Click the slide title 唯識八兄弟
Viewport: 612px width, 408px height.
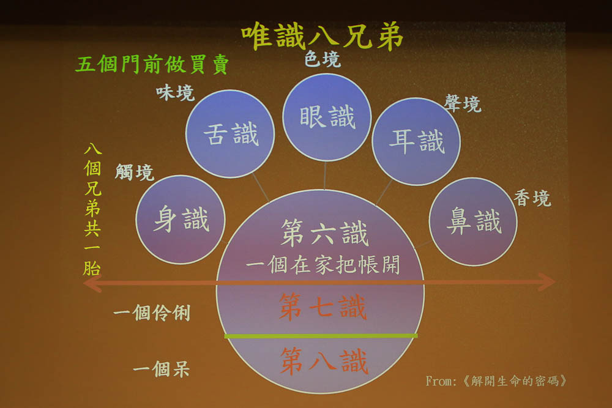click(x=322, y=36)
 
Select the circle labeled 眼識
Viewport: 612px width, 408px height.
click(x=327, y=117)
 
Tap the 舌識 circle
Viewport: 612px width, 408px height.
click(x=230, y=134)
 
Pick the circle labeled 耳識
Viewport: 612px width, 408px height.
click(x=416, y=141)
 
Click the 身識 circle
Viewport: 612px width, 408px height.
click(x=181, y=220)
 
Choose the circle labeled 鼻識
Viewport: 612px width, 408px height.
click(x=473, y=221)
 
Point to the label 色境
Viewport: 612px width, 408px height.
click(x=323, y=59)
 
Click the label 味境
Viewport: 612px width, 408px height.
click(x=175, y=93)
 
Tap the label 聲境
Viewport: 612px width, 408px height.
click(x=463, y=104)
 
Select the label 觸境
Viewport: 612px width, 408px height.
click(x=134, y=172)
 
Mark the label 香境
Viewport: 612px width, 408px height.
click(x=532, y=198)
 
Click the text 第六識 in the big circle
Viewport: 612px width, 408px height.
click(x=324, y=233)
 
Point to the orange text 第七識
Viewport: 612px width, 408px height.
click(x=323, y=307)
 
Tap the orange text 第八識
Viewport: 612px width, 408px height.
click(x=324, y=361)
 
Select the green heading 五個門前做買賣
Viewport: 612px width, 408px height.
click(x=152, y=64)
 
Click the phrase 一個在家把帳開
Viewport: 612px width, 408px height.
click(x=323, y=265)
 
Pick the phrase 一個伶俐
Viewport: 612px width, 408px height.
click(x=152, y=313)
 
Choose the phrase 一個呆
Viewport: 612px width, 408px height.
click(x=161, y=369)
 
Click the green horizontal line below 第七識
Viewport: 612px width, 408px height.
click(x=321, y=336)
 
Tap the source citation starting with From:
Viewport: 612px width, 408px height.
click(x=496, y=381)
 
